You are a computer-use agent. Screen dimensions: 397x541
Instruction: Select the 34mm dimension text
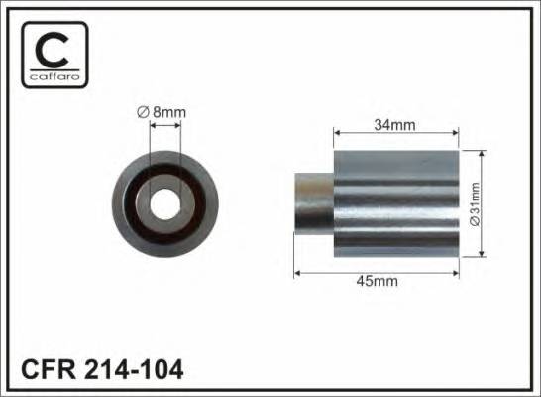[x=395, y=124]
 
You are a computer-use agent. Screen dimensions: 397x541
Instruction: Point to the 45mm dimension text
[x=378, y=281]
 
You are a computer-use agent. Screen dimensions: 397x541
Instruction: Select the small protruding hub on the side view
[x=314, y=203]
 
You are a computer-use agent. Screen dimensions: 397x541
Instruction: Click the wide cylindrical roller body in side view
[x=395, y=203]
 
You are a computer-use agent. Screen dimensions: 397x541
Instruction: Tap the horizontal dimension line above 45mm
[x=378, y=270]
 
